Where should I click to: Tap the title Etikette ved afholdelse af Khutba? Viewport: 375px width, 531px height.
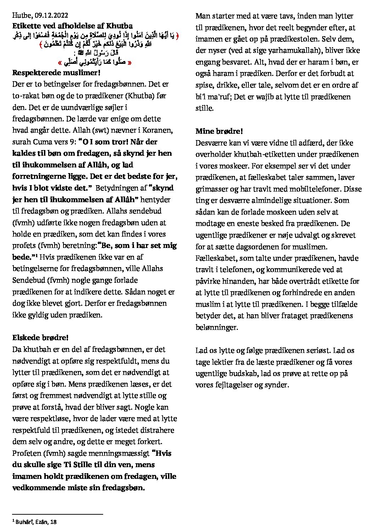(x=72, y=26)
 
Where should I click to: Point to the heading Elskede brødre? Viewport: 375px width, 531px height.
(x=40, y=338)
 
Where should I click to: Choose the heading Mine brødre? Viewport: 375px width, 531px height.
(x=219, y=131)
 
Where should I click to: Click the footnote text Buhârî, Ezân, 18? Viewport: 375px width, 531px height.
(x=37, y=522)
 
